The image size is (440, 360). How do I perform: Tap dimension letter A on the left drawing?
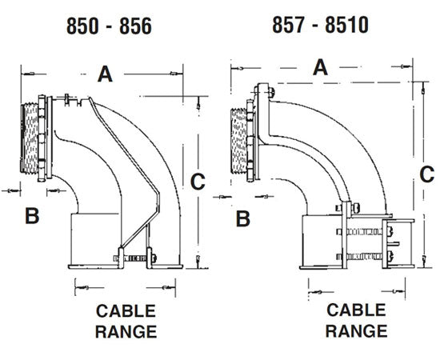click(x=105, y=74)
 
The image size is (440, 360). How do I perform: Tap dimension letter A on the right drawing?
click(x=321, y=67)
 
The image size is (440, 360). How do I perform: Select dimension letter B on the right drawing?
click(x=244, y=217)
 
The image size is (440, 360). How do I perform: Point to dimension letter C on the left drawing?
click(x=196, y=183)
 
